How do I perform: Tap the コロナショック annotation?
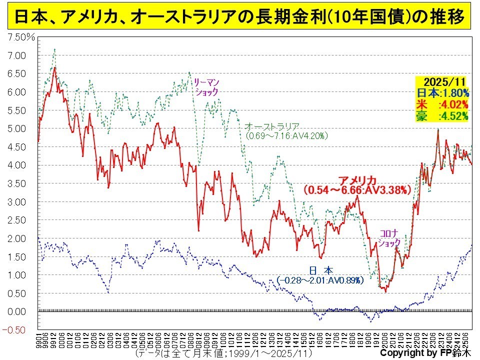pos(389,238)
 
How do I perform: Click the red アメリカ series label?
pos(356,180)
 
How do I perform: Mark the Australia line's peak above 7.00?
pos(54,49)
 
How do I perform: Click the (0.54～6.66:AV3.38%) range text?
pos(357,190)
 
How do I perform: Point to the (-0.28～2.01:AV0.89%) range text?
pos(320,281)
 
